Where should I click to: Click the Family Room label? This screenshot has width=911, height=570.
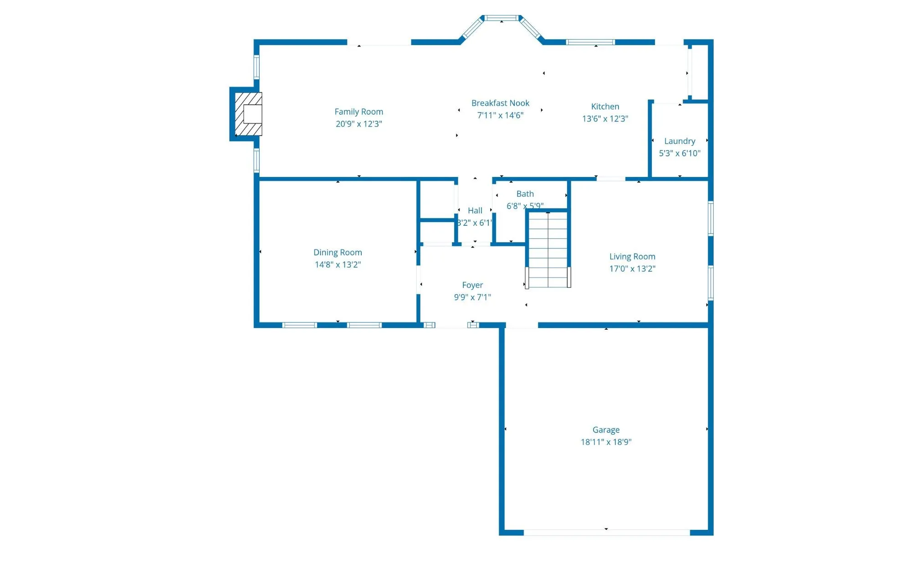pos(358,112)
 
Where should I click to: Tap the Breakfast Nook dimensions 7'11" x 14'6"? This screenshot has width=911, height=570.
pos(500,115)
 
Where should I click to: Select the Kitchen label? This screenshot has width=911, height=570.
pos(605,107)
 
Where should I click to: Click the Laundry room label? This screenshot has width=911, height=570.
pos(679,141)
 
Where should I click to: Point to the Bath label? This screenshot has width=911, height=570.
pos(525,194)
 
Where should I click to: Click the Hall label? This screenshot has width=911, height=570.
pos(475,211)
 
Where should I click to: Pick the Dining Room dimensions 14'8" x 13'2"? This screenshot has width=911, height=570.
pos(338,264)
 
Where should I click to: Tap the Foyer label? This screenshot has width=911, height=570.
pos(472,285)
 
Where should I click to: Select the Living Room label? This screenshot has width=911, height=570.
pos(632,257)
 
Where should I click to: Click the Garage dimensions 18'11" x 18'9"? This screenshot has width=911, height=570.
pos(606,442)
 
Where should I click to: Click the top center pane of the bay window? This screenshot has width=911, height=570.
pos(502,18)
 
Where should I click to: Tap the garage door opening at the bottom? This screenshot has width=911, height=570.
pos(606,532)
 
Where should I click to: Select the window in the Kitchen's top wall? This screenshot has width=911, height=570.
pos(590,42)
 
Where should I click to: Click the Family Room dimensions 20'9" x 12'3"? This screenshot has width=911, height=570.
pos(358,124)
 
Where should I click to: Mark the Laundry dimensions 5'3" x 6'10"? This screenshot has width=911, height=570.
pos(679,154)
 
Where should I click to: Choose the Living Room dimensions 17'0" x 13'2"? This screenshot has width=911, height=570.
pos(632,269)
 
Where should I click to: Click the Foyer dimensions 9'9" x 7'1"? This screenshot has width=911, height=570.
pos(472,297)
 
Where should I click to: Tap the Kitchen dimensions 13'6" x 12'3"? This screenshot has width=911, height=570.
pos(605,119)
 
